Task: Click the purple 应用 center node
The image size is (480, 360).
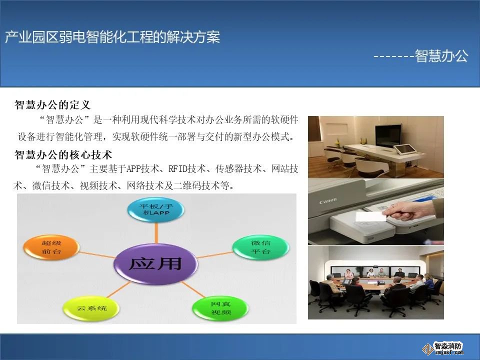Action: [155, 263]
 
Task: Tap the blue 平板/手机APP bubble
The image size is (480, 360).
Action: [156, 209]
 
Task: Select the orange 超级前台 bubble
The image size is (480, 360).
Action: [51, 247]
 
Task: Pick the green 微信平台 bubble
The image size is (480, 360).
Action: [261, 247]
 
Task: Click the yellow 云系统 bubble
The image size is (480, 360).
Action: [91, 308]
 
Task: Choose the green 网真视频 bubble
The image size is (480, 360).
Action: [220, 308]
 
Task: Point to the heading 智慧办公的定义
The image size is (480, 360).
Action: [52, 105]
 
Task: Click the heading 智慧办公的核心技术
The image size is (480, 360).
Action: [63, 154]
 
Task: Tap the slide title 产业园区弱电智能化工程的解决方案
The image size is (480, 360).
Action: [112, 37]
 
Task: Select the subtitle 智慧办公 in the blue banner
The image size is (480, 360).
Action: [441, 56]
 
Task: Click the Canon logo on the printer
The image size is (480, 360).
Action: [328, 201]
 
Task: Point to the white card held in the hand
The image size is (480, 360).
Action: [369, 216]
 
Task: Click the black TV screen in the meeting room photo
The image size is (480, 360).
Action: [388, 136]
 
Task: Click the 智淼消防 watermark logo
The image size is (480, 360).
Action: [443, 348]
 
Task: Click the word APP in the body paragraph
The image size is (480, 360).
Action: [133, 168]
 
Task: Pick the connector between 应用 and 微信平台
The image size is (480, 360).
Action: [215, 254]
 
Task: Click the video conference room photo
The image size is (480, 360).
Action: [376, 282]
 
